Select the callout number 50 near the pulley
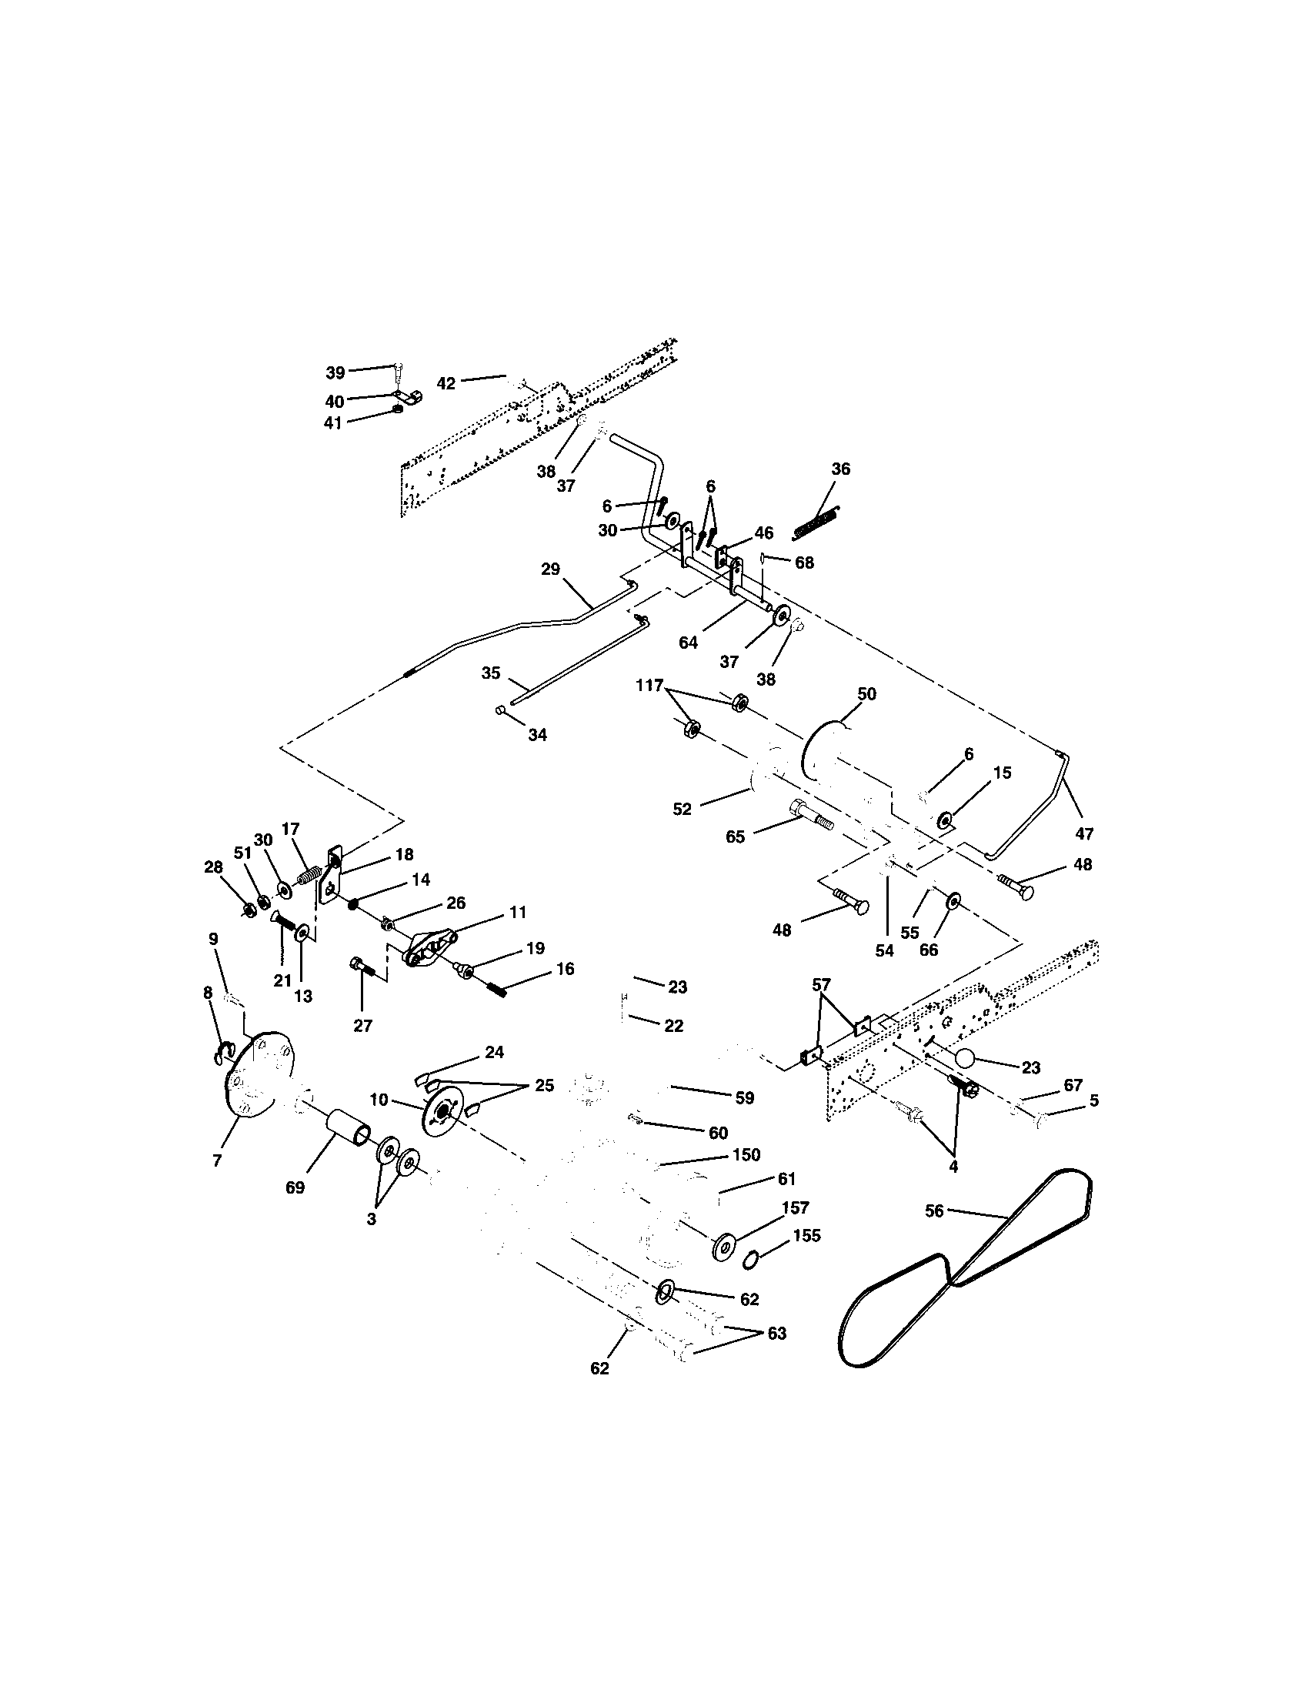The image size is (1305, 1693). (866, 694)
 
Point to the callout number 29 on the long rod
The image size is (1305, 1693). (549, 569)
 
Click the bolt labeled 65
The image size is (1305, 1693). (809, 816)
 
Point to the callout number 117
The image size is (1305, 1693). (649, 685)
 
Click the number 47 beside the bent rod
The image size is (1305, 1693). (1083, 834)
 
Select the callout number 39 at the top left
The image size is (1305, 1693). (335, 373)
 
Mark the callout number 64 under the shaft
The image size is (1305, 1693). (688, 642)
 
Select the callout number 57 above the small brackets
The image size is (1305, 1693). (821, 985)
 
